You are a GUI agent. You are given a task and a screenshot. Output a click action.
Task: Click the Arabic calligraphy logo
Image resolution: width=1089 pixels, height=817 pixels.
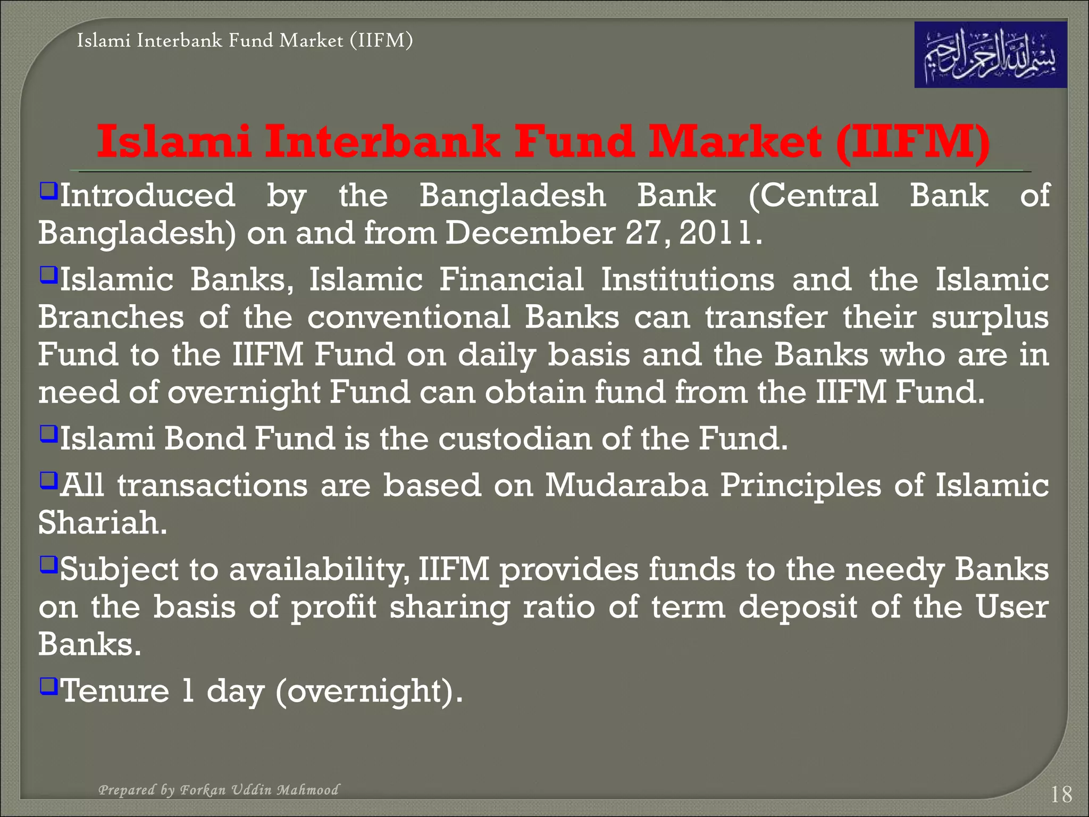click(990, 55)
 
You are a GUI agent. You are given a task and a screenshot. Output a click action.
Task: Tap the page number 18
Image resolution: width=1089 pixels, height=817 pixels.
click(1061, 795)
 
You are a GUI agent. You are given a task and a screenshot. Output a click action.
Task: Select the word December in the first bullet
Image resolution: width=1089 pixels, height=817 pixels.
click(530, 233)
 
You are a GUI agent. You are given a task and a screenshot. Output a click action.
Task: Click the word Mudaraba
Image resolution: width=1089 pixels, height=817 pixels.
click(626, 485)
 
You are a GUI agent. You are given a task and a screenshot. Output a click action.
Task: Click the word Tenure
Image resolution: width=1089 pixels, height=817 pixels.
click(115, 690)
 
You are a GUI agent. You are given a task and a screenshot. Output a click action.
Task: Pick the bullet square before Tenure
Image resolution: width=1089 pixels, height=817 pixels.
click(48, 685)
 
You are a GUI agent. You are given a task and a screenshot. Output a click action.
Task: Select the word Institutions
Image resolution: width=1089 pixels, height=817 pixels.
click(688, 280)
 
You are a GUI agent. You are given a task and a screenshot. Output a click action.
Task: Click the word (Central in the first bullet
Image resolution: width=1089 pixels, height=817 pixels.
click(814, 196)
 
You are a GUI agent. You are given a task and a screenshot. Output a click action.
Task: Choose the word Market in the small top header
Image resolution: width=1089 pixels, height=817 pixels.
click(311, 40)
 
